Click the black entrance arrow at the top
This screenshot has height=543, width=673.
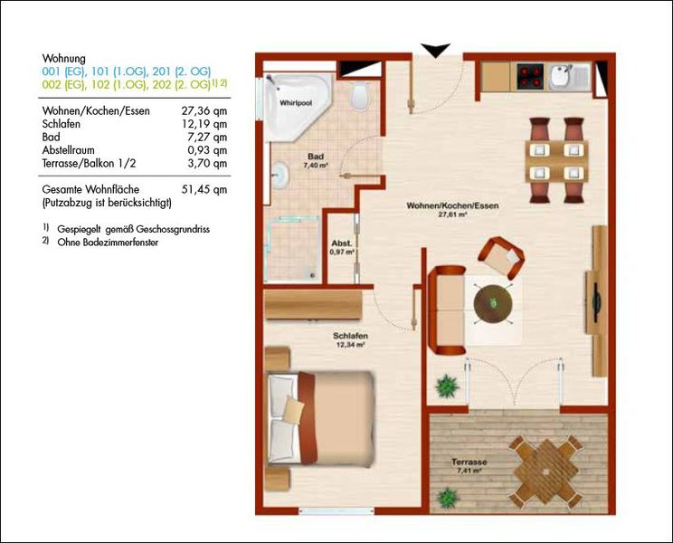pos(435,50)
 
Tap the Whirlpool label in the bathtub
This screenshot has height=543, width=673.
pos(296,103)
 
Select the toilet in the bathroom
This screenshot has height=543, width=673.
pos(359,97)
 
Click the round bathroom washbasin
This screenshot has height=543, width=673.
pos(280,176)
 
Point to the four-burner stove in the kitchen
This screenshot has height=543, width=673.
pos(531,76)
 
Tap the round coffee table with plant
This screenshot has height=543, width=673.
pos(493,304)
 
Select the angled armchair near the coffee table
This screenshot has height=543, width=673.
pos(501,256)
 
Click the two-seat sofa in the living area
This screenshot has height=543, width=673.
pos(447,310)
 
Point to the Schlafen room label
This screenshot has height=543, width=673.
pos(350,336)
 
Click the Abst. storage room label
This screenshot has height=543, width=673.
pos(342,243)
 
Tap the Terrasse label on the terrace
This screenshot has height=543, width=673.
pos(469,462)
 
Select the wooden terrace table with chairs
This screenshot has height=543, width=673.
pos(546,472)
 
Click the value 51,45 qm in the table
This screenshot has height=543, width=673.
pos(204,190)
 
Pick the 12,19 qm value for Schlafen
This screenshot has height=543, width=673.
pos(204,124)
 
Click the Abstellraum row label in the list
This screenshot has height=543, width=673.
pos(68,150)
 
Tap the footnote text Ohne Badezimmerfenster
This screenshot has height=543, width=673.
pos(108,243)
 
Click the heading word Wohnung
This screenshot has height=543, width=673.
pos(64,59)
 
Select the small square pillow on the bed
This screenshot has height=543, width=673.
pos(294,409)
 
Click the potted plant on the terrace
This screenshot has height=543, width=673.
pos(448,498)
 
